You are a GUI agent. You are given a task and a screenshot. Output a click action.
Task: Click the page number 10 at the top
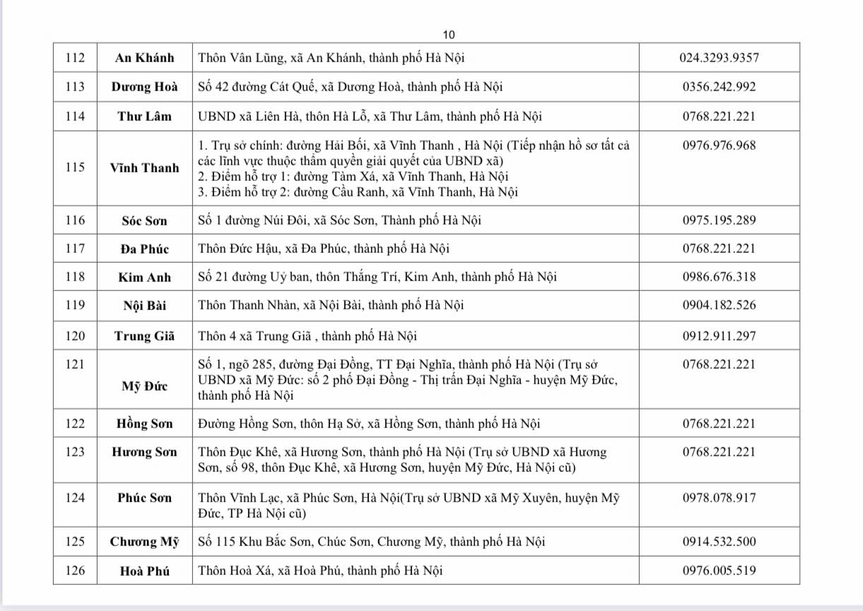point(449,35)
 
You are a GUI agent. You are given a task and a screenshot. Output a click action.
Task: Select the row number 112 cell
point(74,58)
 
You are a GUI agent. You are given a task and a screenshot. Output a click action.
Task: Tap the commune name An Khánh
point(144,58)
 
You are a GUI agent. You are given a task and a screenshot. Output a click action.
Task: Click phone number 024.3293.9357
point(719,58)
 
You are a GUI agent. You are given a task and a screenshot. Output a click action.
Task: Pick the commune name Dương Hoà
point(144,87)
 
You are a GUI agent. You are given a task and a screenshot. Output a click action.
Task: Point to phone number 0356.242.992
point(719,87)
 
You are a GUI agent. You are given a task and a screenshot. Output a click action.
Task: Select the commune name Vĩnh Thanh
point(144,168)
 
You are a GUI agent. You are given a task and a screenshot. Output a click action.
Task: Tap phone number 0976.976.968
point(719,146)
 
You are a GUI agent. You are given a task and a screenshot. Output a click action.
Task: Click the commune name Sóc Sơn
point(144,220)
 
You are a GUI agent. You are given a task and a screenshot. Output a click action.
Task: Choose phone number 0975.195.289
point(719,220)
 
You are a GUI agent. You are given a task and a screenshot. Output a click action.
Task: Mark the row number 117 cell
point(74,249)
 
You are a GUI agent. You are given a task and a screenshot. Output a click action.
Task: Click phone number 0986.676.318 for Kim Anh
point(719,277)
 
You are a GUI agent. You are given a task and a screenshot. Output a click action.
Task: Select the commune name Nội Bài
point(144,306)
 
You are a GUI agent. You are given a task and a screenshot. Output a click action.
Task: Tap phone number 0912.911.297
point(719,336)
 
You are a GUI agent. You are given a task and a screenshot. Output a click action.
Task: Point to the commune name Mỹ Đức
point(144,386)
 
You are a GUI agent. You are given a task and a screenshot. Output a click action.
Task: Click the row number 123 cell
point(74,452)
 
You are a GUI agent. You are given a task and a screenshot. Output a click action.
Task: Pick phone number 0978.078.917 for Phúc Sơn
point(719,497)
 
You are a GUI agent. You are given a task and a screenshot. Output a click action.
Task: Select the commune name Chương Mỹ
point(144,542)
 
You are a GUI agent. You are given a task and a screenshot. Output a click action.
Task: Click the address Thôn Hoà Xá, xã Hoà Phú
point(320,571)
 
